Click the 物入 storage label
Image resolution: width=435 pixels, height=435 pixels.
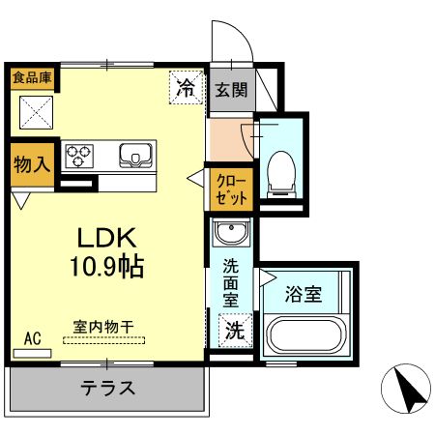coord(31,164)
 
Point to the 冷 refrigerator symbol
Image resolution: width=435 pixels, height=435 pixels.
coord(186,88)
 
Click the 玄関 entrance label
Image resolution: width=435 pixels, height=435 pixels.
coord(231,91)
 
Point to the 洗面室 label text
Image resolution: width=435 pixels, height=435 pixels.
coord(231,281)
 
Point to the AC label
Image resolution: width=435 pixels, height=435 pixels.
coord(32,338)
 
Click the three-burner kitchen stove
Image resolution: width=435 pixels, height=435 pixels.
coord(79,155)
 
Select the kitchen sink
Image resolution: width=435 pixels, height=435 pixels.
coord(136,155)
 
